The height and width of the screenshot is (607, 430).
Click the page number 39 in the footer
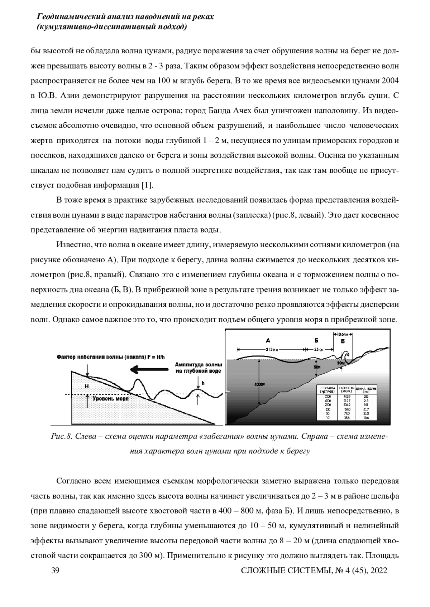(55, 570)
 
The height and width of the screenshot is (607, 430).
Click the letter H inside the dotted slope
(87, 387)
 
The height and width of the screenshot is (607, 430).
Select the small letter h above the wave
(203, 383)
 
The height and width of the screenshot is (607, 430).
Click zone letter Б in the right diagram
(316, 340)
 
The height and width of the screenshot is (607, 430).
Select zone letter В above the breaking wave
(343, 341)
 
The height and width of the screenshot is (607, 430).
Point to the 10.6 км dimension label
(344, 334)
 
